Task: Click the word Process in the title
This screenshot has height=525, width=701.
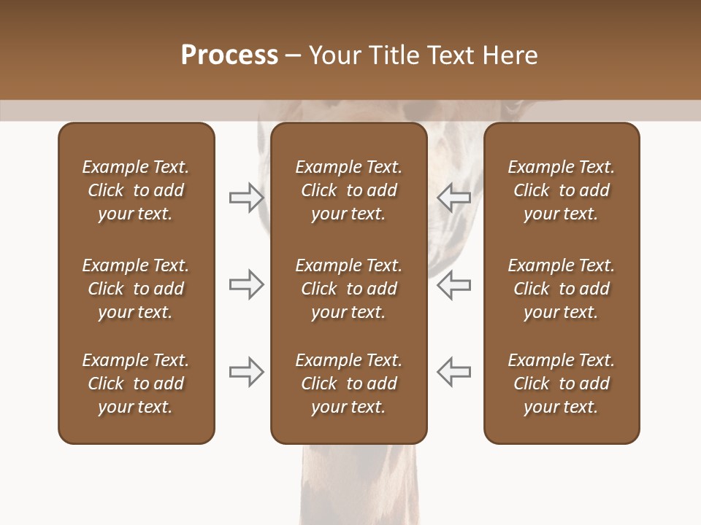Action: point(229,55)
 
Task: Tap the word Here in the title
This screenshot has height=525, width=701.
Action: point(509,55)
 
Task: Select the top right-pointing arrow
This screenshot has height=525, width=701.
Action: point(247,198)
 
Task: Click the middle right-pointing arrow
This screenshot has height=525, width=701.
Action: point(247,284)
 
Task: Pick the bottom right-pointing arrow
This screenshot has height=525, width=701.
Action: point(247,372)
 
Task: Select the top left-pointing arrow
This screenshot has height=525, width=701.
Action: point(453,198)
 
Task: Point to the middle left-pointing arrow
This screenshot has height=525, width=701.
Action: point(453,284)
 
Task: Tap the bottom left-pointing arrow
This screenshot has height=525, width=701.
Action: point(453,372)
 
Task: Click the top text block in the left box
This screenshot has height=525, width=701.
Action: point(136,190)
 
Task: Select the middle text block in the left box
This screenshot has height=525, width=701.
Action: point(136,289)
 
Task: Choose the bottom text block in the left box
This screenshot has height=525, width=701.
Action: point(136,384)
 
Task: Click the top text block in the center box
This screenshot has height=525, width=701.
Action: point(348,190)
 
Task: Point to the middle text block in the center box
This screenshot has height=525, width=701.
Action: point(348,289)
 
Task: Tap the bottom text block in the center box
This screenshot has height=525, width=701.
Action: point(348,384)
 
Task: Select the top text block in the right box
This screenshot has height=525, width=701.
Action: point(561,190)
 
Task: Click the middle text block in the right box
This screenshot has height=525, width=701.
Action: point(561,289)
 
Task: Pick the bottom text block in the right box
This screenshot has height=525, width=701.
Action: point(561,384)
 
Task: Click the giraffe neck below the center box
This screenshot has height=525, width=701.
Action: point(358,485)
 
